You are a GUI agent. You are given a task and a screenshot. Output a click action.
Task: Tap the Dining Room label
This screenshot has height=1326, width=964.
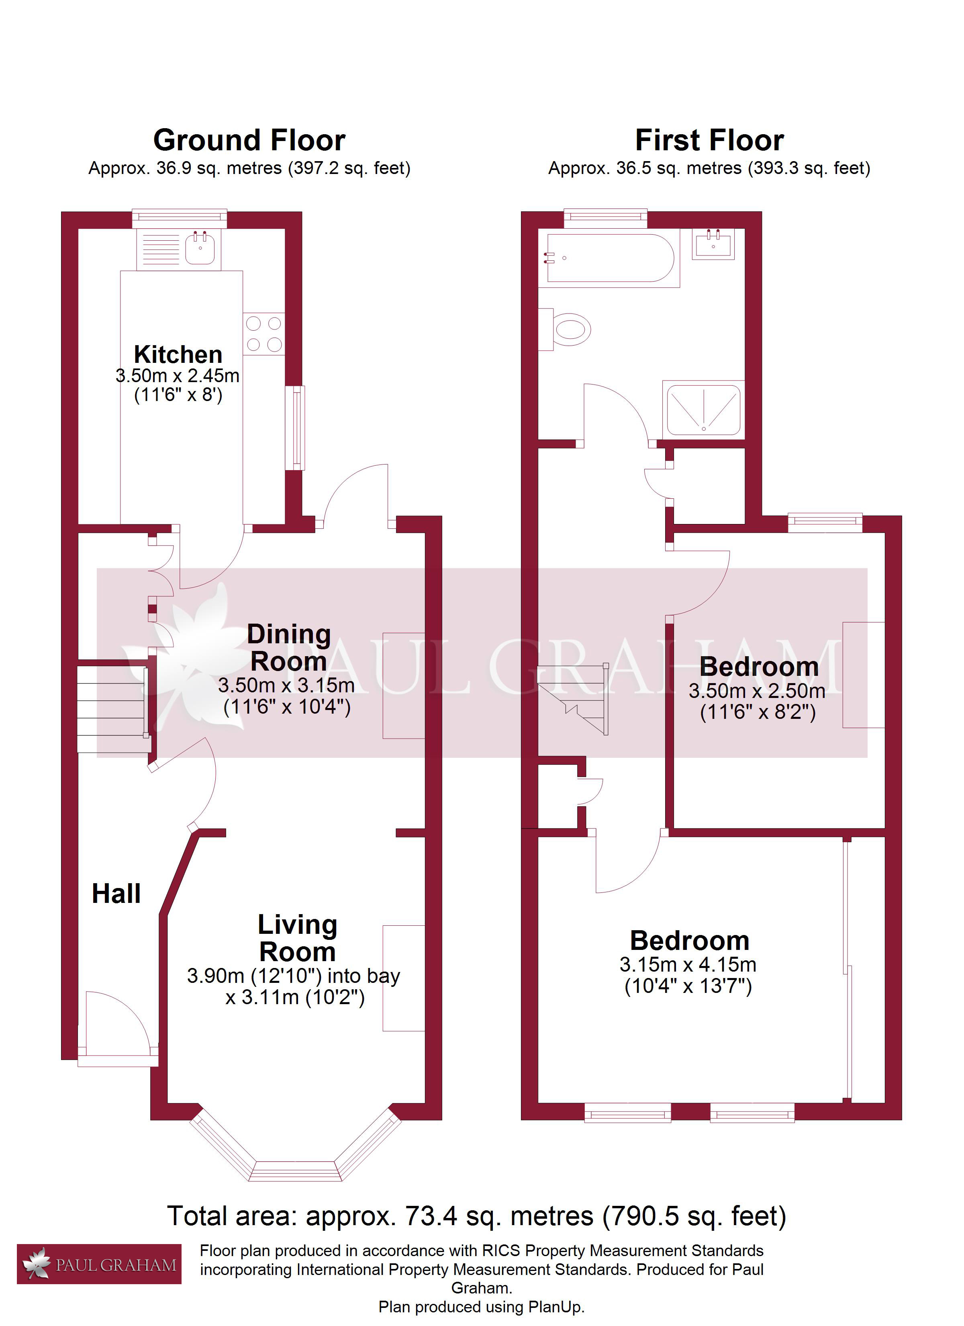coord(289,647)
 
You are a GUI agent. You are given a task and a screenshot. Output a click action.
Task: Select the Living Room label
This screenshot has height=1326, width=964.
coord(298,938)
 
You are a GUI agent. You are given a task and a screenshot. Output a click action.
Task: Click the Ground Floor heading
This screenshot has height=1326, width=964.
coord(249,140)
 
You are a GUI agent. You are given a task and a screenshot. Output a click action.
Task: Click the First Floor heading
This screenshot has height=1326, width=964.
coord(710,140)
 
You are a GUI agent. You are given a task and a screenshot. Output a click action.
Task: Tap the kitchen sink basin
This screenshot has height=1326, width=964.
coord(200,248)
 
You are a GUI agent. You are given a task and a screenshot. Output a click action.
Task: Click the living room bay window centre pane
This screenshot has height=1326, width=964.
coord(295,1171)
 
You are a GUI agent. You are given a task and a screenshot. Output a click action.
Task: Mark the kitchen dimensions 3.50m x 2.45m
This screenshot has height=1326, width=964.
coord(178,376)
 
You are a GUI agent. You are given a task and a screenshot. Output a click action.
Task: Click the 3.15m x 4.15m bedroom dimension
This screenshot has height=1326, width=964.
coord(688,964)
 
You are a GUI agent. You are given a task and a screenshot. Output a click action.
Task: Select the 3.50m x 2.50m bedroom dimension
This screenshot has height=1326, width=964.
coord(757,691)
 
